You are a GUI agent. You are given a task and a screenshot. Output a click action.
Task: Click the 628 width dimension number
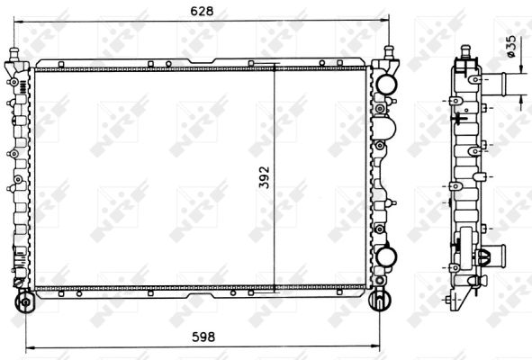click(202, 11)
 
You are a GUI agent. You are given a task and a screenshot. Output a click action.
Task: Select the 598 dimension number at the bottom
click(203, 337)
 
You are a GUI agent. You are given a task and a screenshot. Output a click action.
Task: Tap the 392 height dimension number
click(264, 177)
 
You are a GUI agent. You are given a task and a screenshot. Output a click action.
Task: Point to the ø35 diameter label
click(511, 47)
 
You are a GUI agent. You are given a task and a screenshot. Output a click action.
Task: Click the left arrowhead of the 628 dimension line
click(18, 22)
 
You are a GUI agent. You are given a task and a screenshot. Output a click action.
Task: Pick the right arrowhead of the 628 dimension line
click(384, 21)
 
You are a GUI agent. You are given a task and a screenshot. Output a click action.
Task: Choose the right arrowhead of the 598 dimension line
click(375, 346)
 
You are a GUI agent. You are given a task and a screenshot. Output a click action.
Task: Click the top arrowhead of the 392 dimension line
click(274, 67)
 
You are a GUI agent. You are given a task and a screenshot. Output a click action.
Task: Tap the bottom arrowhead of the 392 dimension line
click(274, 288)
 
